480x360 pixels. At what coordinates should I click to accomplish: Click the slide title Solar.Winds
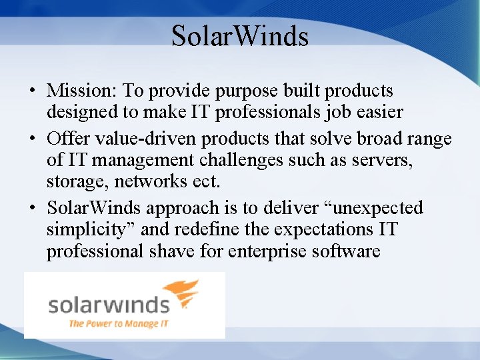[240, 36]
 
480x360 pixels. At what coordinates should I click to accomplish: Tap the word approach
[189, 208]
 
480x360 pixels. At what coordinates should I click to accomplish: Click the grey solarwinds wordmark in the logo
[108, 305]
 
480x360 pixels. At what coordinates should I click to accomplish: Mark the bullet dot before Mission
[32, 91]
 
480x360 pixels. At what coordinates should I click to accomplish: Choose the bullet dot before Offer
[32, 139]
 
